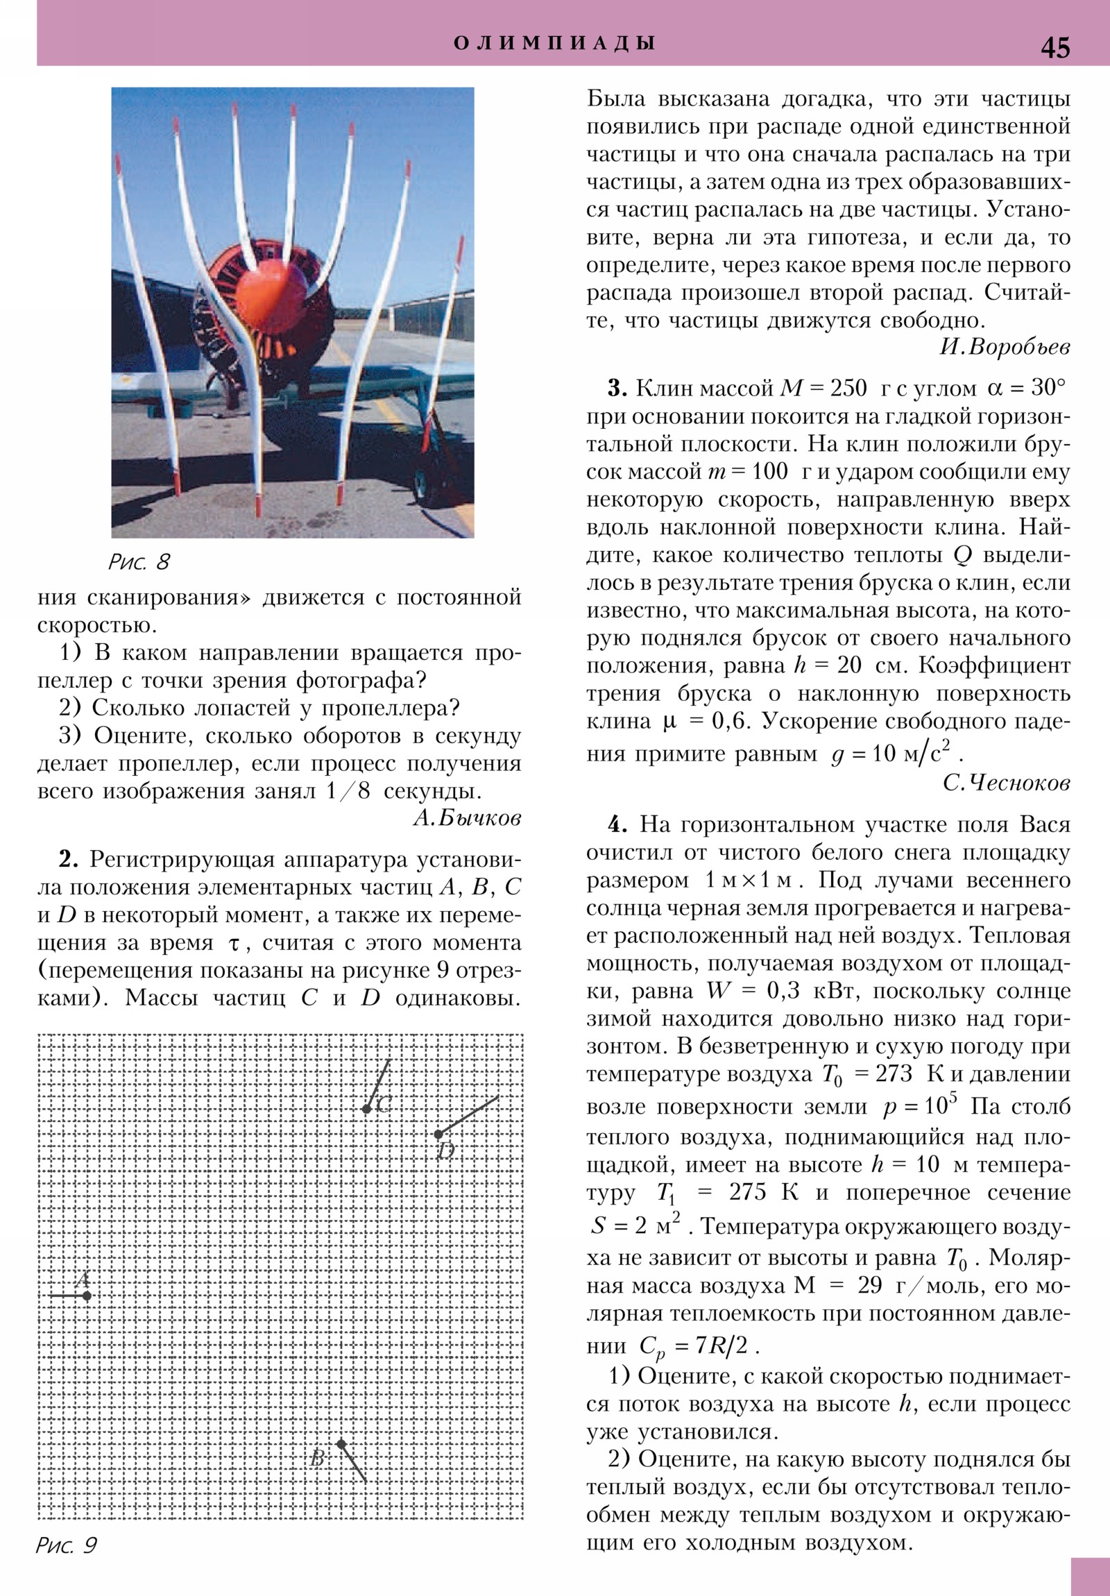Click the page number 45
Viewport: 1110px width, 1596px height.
1055,47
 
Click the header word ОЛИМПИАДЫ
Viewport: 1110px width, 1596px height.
554,43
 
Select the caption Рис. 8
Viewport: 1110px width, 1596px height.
139,561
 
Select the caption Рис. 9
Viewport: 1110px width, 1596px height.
66,1545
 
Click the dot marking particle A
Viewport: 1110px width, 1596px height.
86,1296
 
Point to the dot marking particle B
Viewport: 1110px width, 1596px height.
341,1444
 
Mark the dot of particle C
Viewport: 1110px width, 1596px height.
366,1109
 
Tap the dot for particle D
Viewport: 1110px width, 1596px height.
438,1135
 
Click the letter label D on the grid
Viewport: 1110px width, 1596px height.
446,1151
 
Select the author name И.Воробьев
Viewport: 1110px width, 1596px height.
1005,347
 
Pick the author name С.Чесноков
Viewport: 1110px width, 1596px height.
1007,783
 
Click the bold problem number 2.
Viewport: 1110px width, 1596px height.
67,860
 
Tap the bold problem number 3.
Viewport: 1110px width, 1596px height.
617,389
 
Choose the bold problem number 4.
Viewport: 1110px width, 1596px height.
618,825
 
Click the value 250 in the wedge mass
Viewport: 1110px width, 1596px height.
848,389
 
